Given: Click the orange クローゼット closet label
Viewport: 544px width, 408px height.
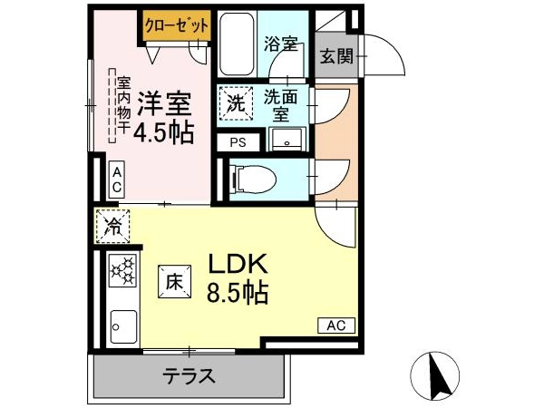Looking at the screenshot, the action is pos(177,25).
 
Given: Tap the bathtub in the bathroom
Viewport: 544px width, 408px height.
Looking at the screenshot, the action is pos(237,44).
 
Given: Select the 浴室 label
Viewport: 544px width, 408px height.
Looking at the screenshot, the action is pos(281,44).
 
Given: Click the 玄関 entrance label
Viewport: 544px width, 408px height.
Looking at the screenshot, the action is pos(336,56).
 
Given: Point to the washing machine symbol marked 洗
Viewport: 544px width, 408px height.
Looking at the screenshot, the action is pos(236,103).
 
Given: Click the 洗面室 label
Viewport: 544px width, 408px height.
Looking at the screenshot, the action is pos(281,105).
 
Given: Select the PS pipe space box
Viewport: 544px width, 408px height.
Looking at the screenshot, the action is pos(238,142).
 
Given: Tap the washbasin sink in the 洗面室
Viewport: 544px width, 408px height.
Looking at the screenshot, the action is pos(287,140).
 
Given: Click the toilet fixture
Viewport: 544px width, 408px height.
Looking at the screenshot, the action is pos(253,179).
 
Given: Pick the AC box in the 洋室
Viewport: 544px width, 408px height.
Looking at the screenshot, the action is pos(117,180).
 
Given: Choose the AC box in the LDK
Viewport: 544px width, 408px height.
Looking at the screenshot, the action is pos(336,325).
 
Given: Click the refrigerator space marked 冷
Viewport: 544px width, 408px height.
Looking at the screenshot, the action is pos(112,226).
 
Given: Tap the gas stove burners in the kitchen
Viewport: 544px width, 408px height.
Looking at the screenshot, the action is pos(122,271).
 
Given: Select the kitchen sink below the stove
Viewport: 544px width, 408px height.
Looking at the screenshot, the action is pos(123,326).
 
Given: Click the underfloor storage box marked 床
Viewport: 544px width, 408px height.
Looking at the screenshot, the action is pos(174,282).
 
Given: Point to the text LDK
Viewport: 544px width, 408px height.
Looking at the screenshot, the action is pos(238,264).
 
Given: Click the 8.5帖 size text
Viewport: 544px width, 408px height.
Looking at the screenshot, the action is pos(238,293).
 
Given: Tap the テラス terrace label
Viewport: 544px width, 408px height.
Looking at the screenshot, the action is pos(189,376).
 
